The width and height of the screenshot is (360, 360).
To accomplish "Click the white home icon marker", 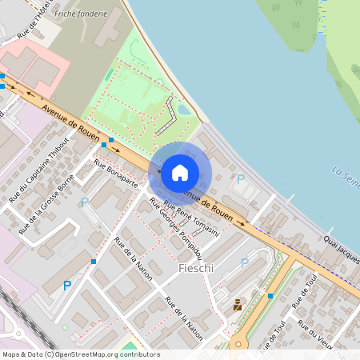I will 180,172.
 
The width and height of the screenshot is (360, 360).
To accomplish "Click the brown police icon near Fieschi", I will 238,305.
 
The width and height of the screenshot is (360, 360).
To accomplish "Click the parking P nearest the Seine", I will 241,180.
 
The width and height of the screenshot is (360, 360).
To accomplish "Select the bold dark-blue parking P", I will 67,286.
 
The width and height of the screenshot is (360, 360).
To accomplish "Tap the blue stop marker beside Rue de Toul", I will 270,296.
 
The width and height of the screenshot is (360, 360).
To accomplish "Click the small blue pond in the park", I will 183,110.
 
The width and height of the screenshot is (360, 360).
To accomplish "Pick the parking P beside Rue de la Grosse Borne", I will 84,202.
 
